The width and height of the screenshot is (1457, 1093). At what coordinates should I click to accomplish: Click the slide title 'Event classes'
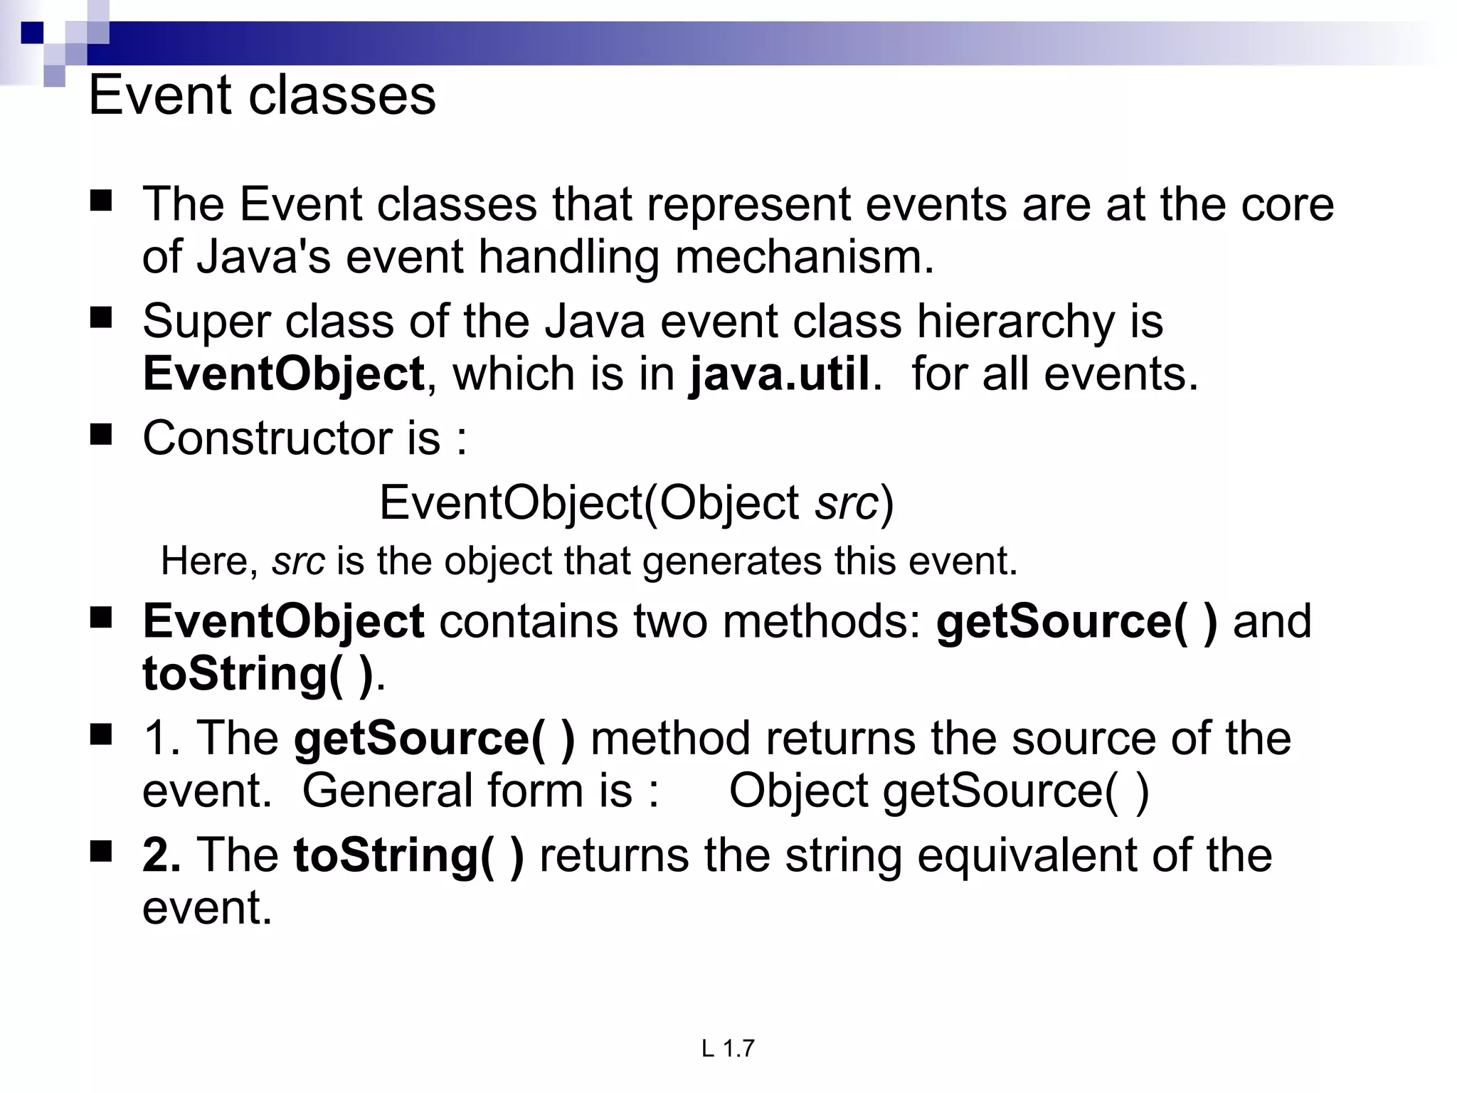tap(262, 95)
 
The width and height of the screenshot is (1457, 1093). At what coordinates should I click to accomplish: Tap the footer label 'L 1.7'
tap(728, 1048)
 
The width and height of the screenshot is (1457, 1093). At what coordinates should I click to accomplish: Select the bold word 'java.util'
tap(780, 374)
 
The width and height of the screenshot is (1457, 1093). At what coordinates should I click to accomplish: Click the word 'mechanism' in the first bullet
tap(804, 257)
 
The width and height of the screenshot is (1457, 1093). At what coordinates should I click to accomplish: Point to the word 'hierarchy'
tap(1016, 322)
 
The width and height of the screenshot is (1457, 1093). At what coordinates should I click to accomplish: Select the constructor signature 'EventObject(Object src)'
tap(636, 503)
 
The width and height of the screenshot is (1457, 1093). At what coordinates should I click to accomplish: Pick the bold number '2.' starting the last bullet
tap(161, 855)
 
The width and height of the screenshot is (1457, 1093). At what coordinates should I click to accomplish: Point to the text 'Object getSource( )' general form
tap(938, 791)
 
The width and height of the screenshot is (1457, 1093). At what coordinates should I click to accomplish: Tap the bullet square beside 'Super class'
tap(102, 317)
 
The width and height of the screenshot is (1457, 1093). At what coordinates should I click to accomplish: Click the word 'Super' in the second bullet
tap(206, 322)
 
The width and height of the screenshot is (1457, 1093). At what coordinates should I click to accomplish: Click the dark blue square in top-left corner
tap(33, 33)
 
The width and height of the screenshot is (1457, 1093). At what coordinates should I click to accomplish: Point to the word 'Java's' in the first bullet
tap(263, 257)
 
